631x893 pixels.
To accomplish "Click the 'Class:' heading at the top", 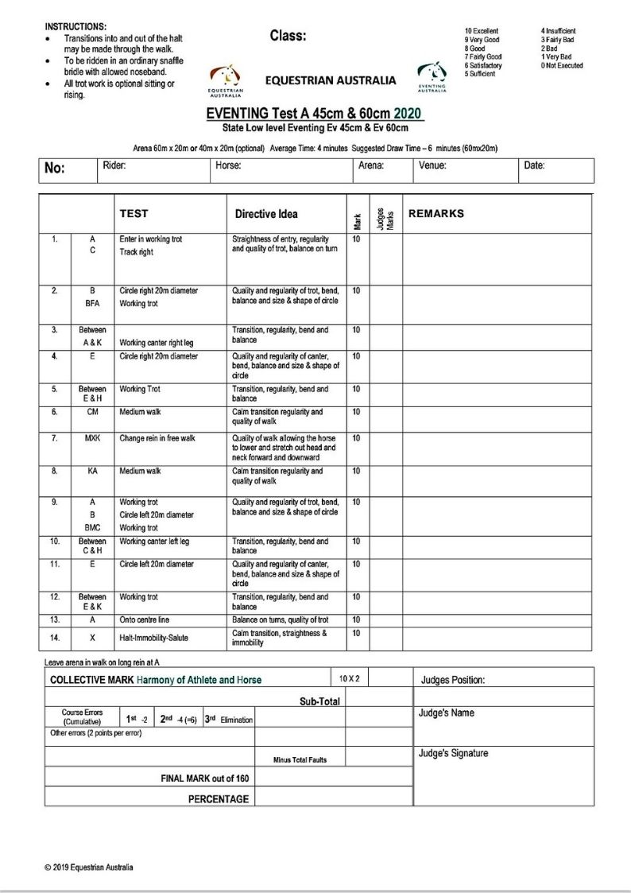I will (288, 36).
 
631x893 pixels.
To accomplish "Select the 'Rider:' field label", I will (114, 165).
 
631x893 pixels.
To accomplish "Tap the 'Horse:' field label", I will (228, 165).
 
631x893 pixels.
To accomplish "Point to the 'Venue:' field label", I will (432, 165).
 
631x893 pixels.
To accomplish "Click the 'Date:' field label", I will (534, 165).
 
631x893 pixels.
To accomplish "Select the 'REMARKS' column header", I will (436, 213).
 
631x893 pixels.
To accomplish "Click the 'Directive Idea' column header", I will (266, 214).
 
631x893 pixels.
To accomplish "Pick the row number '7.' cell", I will (54, 438).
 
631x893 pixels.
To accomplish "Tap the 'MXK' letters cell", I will (92, 438).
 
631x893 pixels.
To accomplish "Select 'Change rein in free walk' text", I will (157, 438).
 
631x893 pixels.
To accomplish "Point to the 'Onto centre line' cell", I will (144, 619).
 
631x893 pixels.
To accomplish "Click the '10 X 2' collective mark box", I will (350, 678).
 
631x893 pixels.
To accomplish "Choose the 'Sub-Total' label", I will (319, 701).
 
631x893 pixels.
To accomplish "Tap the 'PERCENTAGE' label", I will (218, 798).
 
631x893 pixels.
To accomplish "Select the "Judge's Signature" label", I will (453, 753).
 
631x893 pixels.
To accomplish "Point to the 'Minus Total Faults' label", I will (300, 759).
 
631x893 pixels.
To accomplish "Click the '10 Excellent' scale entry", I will (482, 31).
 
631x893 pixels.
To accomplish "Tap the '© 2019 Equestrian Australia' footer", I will (89, 867).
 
